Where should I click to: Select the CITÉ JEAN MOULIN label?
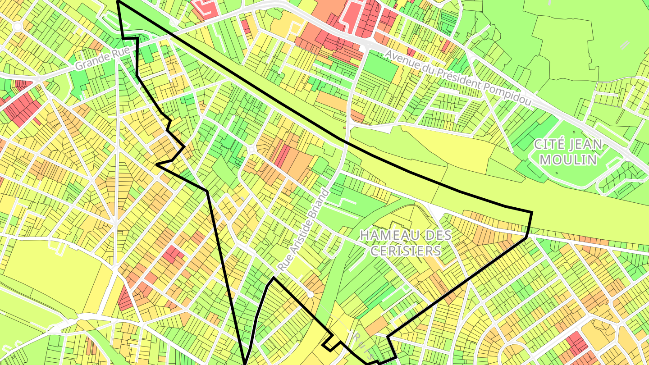(x=568, y=152)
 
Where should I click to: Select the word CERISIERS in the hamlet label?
(x=405, y=251)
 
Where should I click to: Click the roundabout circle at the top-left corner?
(x=18, y=27)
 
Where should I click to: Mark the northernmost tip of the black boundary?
(x=118, y=2)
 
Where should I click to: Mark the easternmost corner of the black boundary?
(x=532, y=212)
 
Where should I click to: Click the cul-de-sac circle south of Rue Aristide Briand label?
(x=310, y=294)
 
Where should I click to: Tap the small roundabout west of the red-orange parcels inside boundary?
(x=251, y=149)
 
